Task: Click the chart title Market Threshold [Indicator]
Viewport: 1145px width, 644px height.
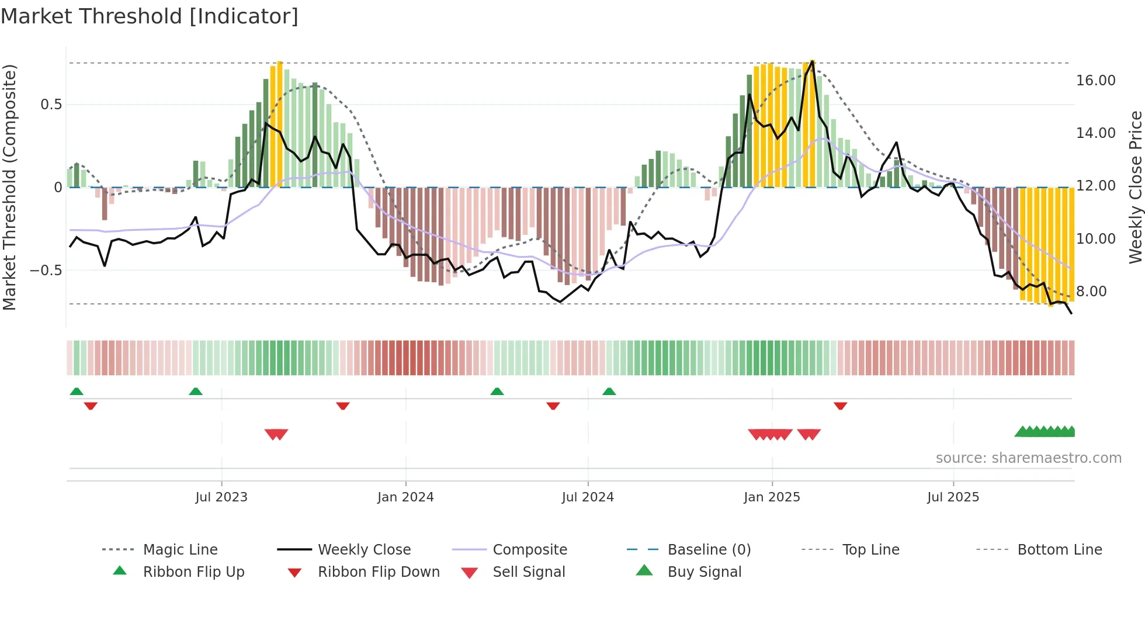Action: click(x=150, y=16)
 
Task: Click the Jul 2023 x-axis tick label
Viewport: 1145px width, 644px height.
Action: click(x=221, y=497)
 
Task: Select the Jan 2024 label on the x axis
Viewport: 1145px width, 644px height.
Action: click(x=405, y=497)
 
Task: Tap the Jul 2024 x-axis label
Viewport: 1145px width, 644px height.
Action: click(x=588, y=497)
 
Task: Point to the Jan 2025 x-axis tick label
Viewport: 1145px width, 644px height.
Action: click(x=772, y=497)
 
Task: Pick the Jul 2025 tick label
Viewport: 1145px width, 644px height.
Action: click(x=953, y=497)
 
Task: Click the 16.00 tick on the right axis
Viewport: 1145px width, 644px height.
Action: click(x=1095, y=81)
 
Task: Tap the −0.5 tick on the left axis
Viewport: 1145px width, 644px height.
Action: click(x=46, y=271)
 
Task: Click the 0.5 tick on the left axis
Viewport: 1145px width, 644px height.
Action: click(x=51, y=105)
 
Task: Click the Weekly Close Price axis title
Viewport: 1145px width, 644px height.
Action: click(x=1135, y=187)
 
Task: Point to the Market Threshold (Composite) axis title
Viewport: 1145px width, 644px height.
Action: click(x=9, y=187)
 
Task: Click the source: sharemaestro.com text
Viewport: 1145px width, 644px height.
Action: click(x=1028, y=458)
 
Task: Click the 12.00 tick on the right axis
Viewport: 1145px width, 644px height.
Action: click(x=1095, y=186)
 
